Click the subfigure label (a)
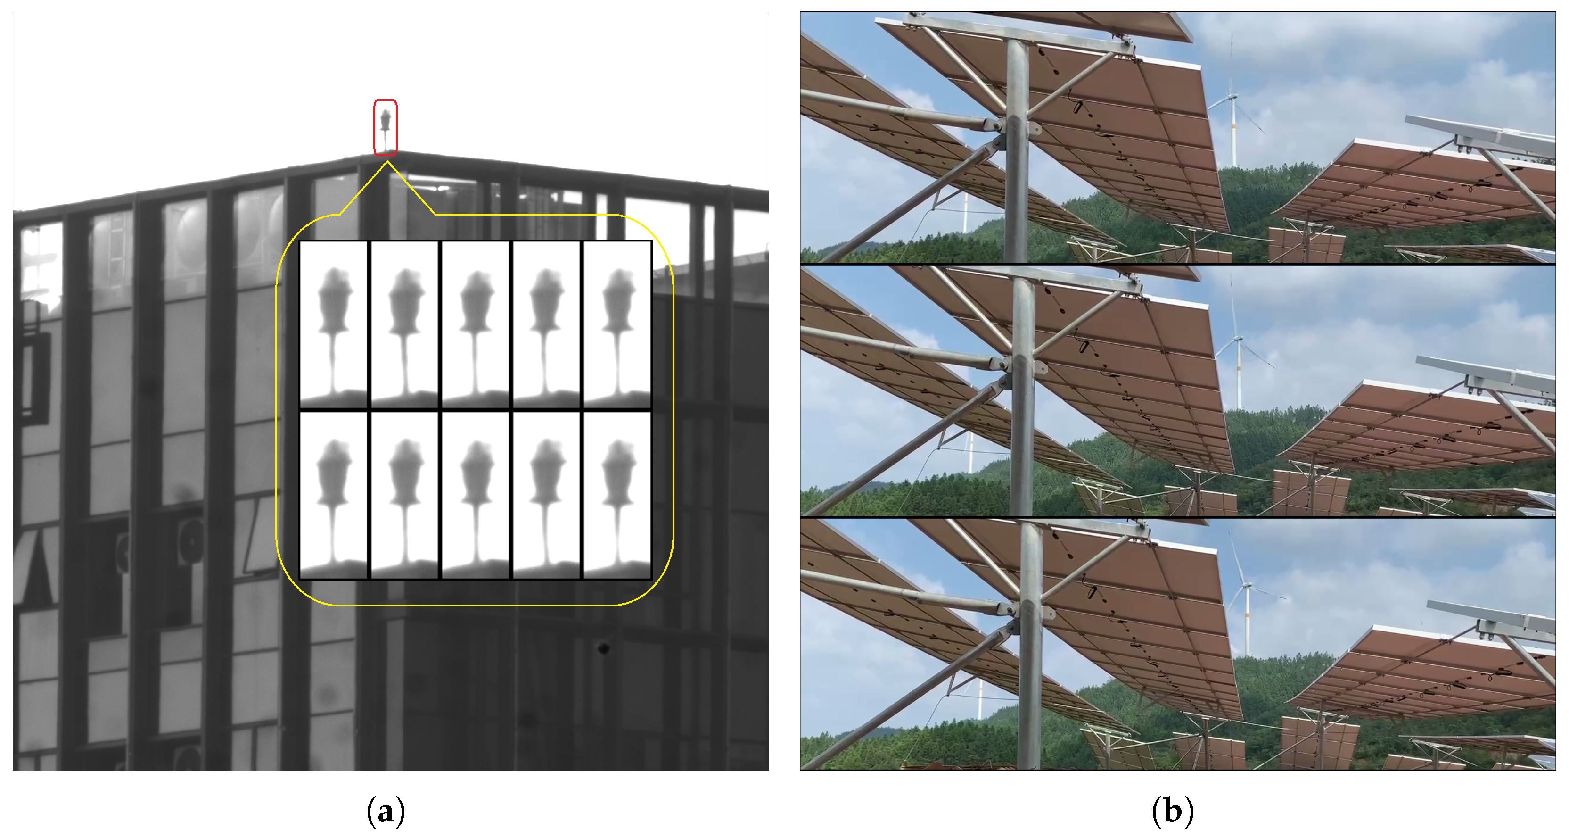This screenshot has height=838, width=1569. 386,811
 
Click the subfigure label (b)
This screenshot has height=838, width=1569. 1173,811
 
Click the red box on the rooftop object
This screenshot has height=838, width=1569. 385,127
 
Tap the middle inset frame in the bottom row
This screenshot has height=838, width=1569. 476,495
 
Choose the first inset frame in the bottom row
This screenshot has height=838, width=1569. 334,495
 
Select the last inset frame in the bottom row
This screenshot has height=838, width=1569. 617,495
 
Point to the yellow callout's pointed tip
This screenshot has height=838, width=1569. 387,161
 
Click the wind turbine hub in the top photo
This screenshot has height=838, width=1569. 1232,96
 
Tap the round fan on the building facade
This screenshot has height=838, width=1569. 190,540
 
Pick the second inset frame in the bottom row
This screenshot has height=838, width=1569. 404,495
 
